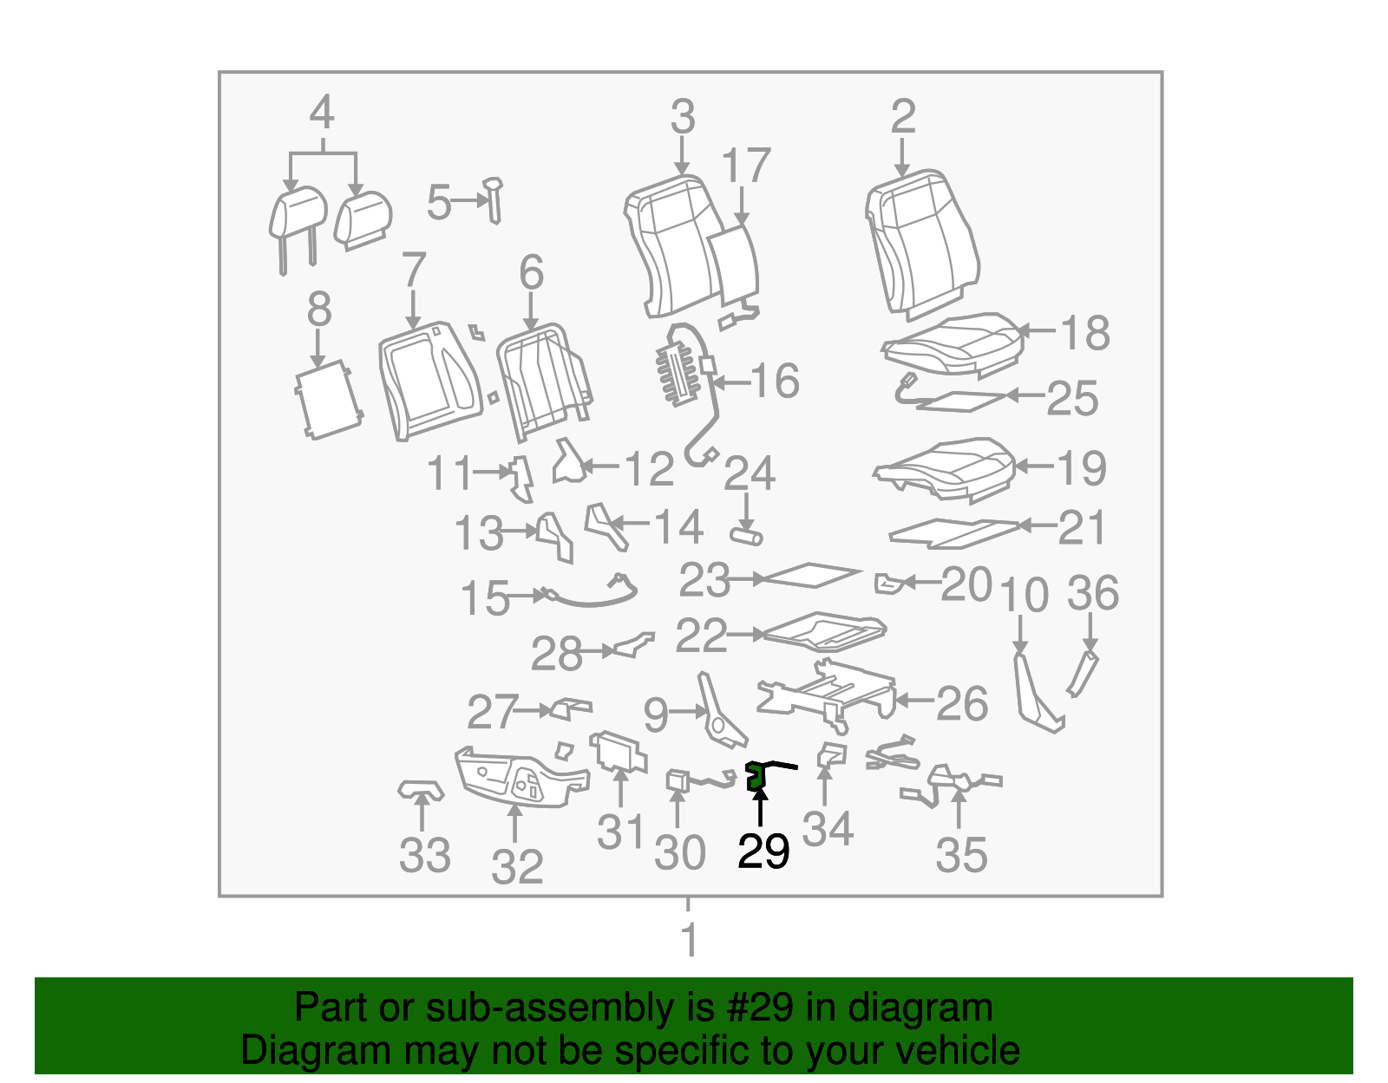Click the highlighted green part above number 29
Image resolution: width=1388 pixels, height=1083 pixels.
756,777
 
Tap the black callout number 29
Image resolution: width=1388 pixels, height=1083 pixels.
763,851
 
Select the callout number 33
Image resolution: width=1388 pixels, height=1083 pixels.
425,855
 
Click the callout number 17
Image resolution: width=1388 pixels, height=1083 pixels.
745,166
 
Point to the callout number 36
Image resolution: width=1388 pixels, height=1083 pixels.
1093,593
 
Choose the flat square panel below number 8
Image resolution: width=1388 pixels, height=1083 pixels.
329,400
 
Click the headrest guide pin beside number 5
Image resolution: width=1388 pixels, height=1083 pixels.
494,200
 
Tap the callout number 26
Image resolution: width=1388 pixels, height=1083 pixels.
962,704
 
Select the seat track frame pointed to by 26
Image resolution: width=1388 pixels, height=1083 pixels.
828,695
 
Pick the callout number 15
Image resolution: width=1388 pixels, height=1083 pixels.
486,598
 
